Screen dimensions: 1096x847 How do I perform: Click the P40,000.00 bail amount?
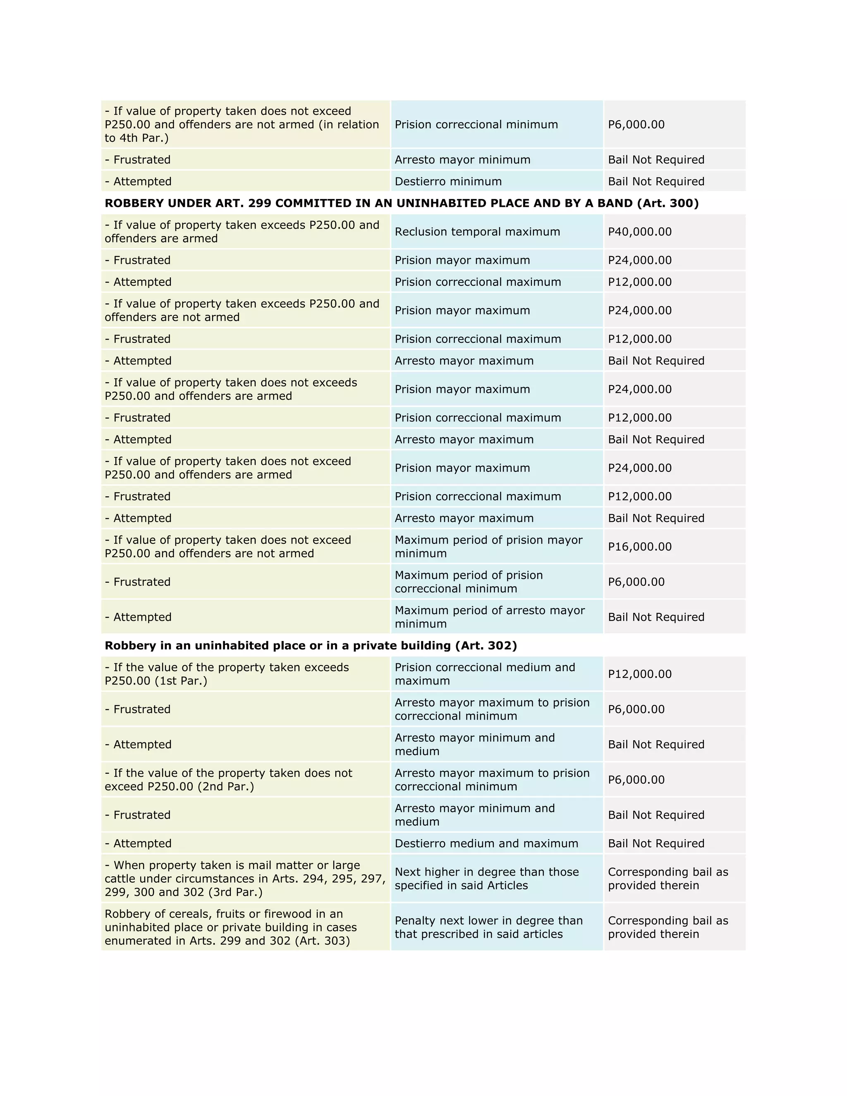pos(639,232)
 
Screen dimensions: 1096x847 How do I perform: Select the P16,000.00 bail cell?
pos(639,546)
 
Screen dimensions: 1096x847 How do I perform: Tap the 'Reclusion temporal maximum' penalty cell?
pos(477,232)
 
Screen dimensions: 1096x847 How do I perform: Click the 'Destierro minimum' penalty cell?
pos(447,181)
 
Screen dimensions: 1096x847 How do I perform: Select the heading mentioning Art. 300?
pos(402,203)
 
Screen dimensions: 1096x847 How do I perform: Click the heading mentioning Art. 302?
pos(311,645)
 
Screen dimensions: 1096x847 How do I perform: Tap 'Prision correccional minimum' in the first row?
pos(476,124)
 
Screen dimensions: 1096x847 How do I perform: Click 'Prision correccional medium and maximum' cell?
pos(484,674)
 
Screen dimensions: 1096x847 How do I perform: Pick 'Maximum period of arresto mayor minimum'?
pos(489,617)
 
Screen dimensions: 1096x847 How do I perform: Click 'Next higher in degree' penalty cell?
pos(486,879)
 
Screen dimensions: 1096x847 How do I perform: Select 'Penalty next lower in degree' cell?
pos(488,927)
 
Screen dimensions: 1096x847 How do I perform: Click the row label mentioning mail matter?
pos(244,879)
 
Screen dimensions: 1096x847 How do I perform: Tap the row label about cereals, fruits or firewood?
pos(231,927)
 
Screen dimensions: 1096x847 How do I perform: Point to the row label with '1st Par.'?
pos(226,674)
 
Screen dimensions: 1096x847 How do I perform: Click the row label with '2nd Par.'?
pos(228,780)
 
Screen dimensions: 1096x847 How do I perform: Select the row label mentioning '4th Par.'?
pos(242,124)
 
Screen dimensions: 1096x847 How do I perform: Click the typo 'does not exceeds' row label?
pos(231,390)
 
